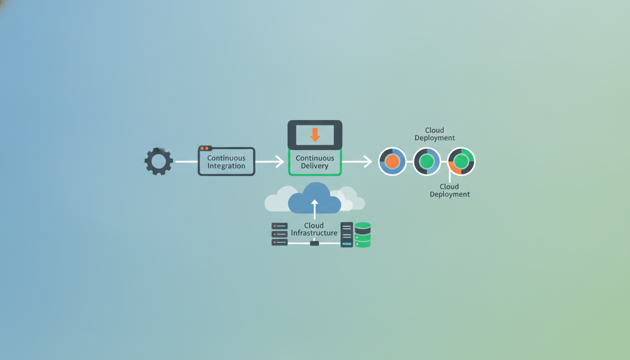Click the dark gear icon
(158, 161)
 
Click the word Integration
(226, 166)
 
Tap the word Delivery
(315, 166)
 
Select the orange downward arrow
(315, 135)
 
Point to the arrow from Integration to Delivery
(270, 161)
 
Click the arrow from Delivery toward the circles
(357, 161)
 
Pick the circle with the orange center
(392, 161)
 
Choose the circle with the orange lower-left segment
(461, 161)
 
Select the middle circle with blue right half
(427, 161)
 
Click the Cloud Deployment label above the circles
(435, 134)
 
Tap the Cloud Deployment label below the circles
(450, 190)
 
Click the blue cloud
(315, 198)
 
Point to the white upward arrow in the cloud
(315, 209)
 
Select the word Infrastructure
(314, 233)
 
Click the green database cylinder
(362, 234)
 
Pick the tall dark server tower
(347, 234)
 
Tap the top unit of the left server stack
(279, 226)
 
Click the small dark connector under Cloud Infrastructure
(315, 243)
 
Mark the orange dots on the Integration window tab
(204, 148)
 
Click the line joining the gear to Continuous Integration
(187, 161)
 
